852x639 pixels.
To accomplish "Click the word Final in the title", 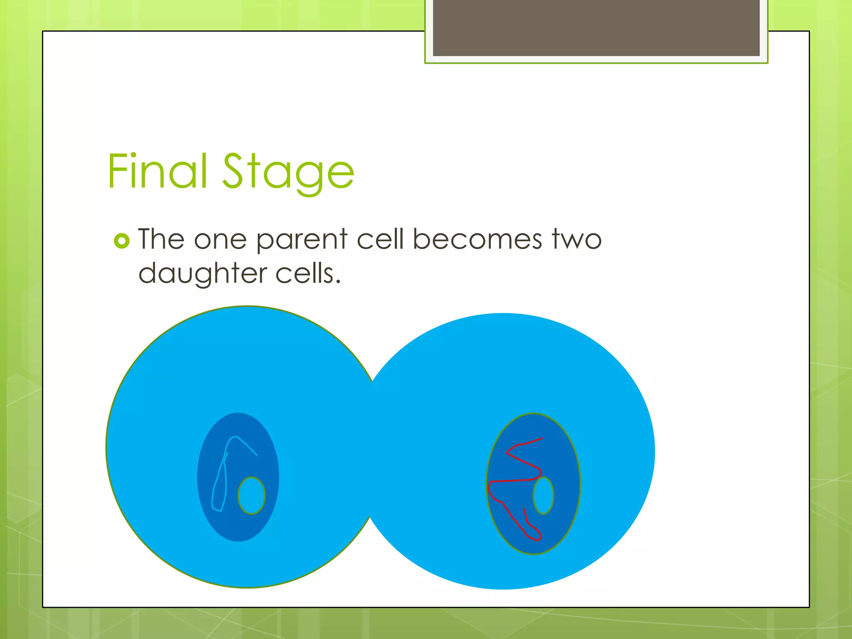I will click(157, 171).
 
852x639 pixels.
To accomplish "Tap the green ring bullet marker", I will click(121, 241).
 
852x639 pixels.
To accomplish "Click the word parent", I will click(302, 240).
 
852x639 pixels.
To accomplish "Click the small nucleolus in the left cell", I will click(251, 495).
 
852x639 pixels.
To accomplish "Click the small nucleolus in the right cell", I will click(543, 495).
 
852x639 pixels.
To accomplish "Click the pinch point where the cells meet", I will click(372, 449).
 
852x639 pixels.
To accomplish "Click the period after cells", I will click(338, 282).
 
